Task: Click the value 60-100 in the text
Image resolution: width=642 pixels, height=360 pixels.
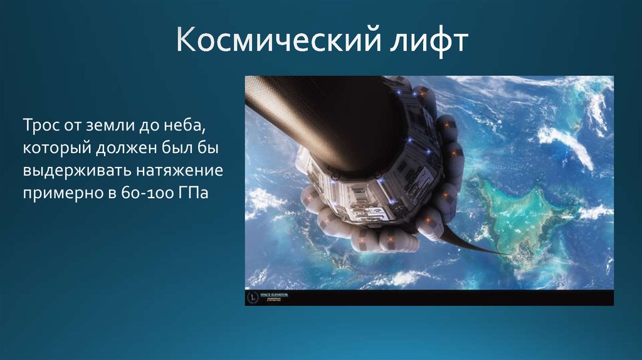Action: click(x=142, y=193)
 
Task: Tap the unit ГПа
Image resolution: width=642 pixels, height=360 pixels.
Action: click(x=189, y=193)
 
